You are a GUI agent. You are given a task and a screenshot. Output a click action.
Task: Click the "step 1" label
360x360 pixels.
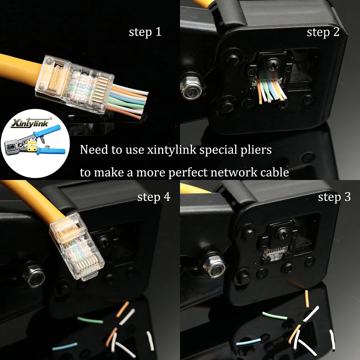[145, 32]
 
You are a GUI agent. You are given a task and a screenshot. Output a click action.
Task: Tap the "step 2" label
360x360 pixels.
[323, 32]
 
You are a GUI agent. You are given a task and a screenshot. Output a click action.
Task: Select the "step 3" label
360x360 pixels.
[334, 197]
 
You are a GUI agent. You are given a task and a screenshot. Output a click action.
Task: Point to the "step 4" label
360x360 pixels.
[154, 197]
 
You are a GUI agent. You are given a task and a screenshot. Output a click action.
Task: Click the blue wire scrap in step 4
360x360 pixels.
[65, 346]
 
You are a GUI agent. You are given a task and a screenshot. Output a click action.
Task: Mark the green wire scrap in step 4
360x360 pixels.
[90, 320]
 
